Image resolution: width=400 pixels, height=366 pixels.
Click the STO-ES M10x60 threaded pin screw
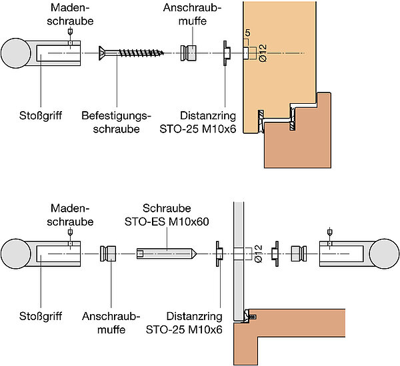[x=165, y=254]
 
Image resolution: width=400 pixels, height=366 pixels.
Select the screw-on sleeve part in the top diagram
[x=189, y=53]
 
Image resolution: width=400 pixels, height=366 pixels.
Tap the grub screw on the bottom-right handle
[x=329, y=236]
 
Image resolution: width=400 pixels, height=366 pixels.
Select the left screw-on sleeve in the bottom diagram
[x=109, y=254]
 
